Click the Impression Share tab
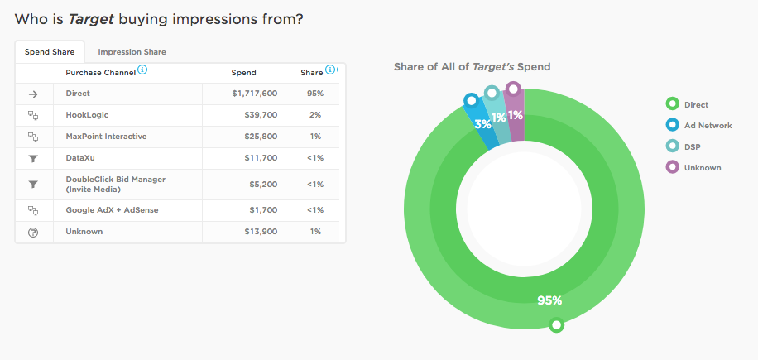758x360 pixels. [132, 52]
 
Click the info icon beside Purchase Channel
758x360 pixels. [142, 71]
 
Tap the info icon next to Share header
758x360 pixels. [330, 71]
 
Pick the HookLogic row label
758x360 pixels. [87, 115]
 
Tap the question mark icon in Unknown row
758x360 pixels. [33, 233]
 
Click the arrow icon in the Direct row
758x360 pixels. [33, 94]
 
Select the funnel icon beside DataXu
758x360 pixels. [33, 158]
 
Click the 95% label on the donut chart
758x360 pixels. [550, 300]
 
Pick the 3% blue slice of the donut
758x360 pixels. [482, 125]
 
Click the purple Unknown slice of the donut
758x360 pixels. [516, 116]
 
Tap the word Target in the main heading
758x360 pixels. [91, 19]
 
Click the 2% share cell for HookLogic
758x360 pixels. [314, 115]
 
